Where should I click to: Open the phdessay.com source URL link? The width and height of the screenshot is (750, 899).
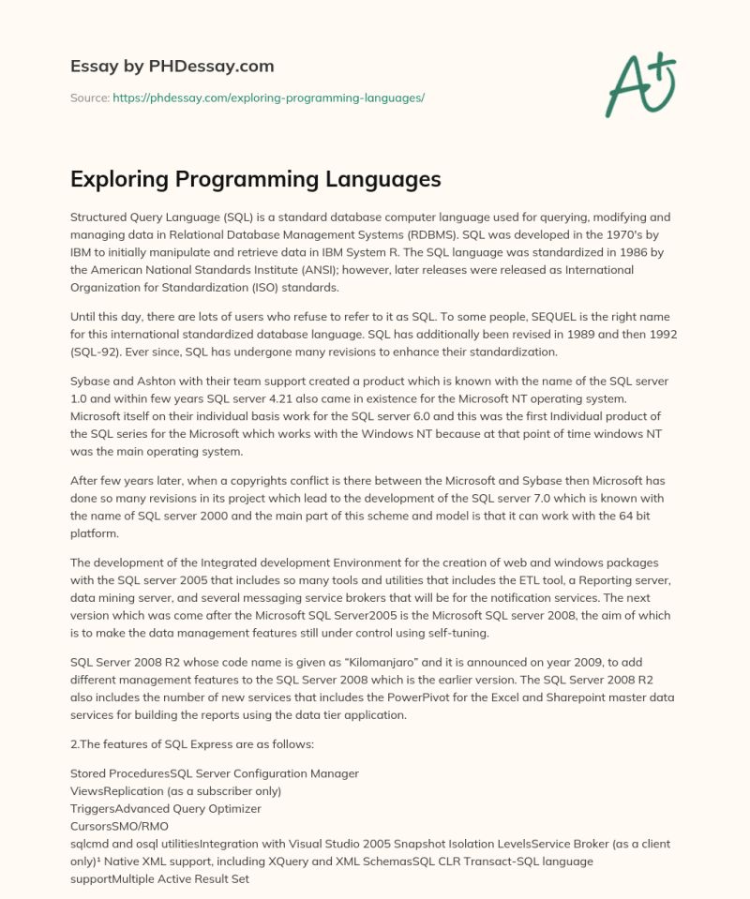tap(268, 97)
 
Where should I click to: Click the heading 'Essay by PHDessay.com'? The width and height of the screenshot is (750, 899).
tap(172, 67)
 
